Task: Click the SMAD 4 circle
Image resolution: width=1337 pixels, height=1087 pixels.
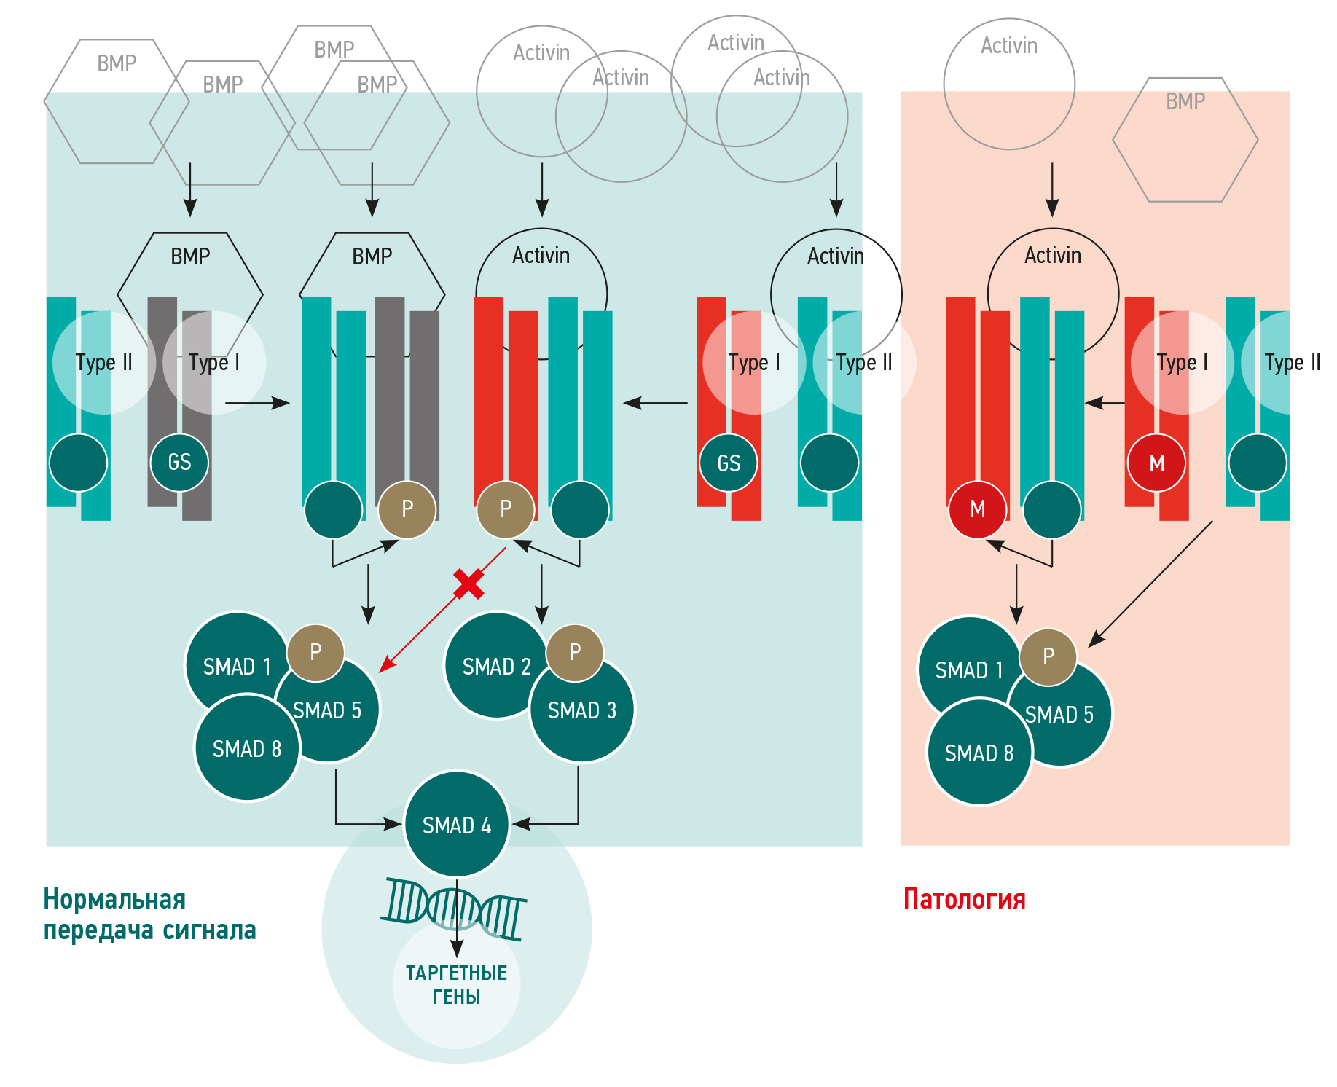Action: (457, 825)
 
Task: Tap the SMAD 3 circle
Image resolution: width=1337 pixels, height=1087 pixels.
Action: (582, 710)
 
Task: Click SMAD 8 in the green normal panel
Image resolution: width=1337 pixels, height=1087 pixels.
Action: (247, 748)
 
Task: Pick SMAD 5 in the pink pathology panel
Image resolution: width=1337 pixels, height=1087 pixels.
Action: (1060, 715)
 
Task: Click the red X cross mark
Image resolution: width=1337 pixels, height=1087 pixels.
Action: (468, 584)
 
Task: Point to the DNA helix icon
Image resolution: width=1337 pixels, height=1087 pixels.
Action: (453, 909)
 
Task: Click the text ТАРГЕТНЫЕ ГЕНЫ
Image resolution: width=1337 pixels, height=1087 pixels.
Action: (456, 984)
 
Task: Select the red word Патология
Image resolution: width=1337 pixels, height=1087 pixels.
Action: (964, 899)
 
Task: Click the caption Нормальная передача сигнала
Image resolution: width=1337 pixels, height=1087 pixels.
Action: (149, 914)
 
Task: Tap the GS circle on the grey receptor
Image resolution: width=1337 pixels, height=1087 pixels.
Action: (179, 462)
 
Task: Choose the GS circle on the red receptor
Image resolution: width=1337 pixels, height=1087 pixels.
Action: (729, 463)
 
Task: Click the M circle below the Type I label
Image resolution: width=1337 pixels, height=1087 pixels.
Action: (1156, 463)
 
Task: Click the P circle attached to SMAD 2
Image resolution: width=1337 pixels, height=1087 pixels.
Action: (575, 652)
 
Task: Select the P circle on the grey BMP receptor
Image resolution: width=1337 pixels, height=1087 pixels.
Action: (407, 509)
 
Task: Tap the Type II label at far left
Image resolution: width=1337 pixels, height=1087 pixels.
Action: (103, 362)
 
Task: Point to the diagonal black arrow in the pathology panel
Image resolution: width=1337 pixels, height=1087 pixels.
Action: (1151, 583)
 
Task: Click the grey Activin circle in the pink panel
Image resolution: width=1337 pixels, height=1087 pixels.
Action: (1009, 84)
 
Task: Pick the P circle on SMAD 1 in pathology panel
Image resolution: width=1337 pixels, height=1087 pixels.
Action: (1048, 656)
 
